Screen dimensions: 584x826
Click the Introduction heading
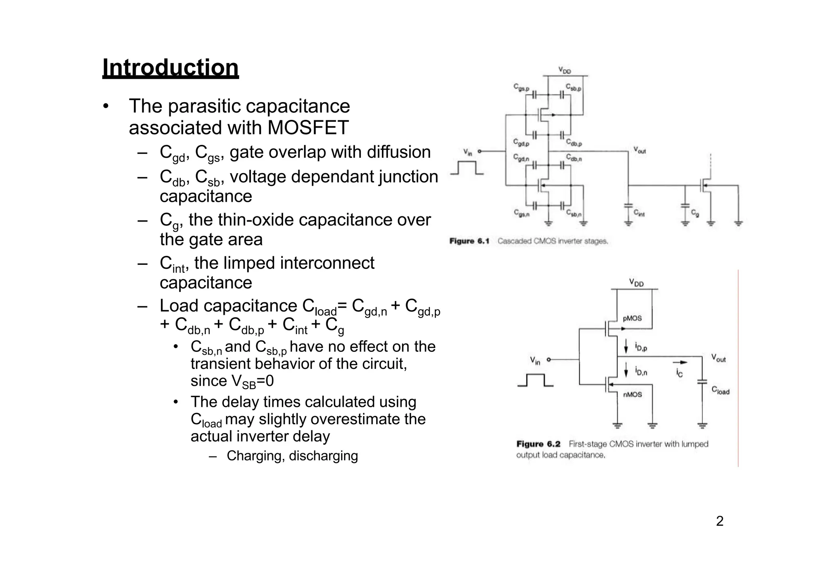170,67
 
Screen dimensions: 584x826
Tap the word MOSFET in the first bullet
308,128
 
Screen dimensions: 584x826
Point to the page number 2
720,521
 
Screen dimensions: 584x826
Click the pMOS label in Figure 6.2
632,318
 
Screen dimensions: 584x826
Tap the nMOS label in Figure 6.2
632,394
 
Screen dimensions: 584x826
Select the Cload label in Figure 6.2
720,390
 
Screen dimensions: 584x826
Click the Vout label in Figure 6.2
718,358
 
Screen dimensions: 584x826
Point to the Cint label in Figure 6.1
639,213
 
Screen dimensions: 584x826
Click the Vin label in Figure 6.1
467,152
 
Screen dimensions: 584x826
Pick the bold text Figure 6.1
469,241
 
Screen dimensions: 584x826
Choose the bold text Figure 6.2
538,444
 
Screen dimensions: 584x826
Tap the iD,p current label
641,346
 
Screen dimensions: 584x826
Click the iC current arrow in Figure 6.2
680,362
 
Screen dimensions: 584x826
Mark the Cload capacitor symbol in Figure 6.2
702,381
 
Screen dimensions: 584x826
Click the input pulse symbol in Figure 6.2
535,380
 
